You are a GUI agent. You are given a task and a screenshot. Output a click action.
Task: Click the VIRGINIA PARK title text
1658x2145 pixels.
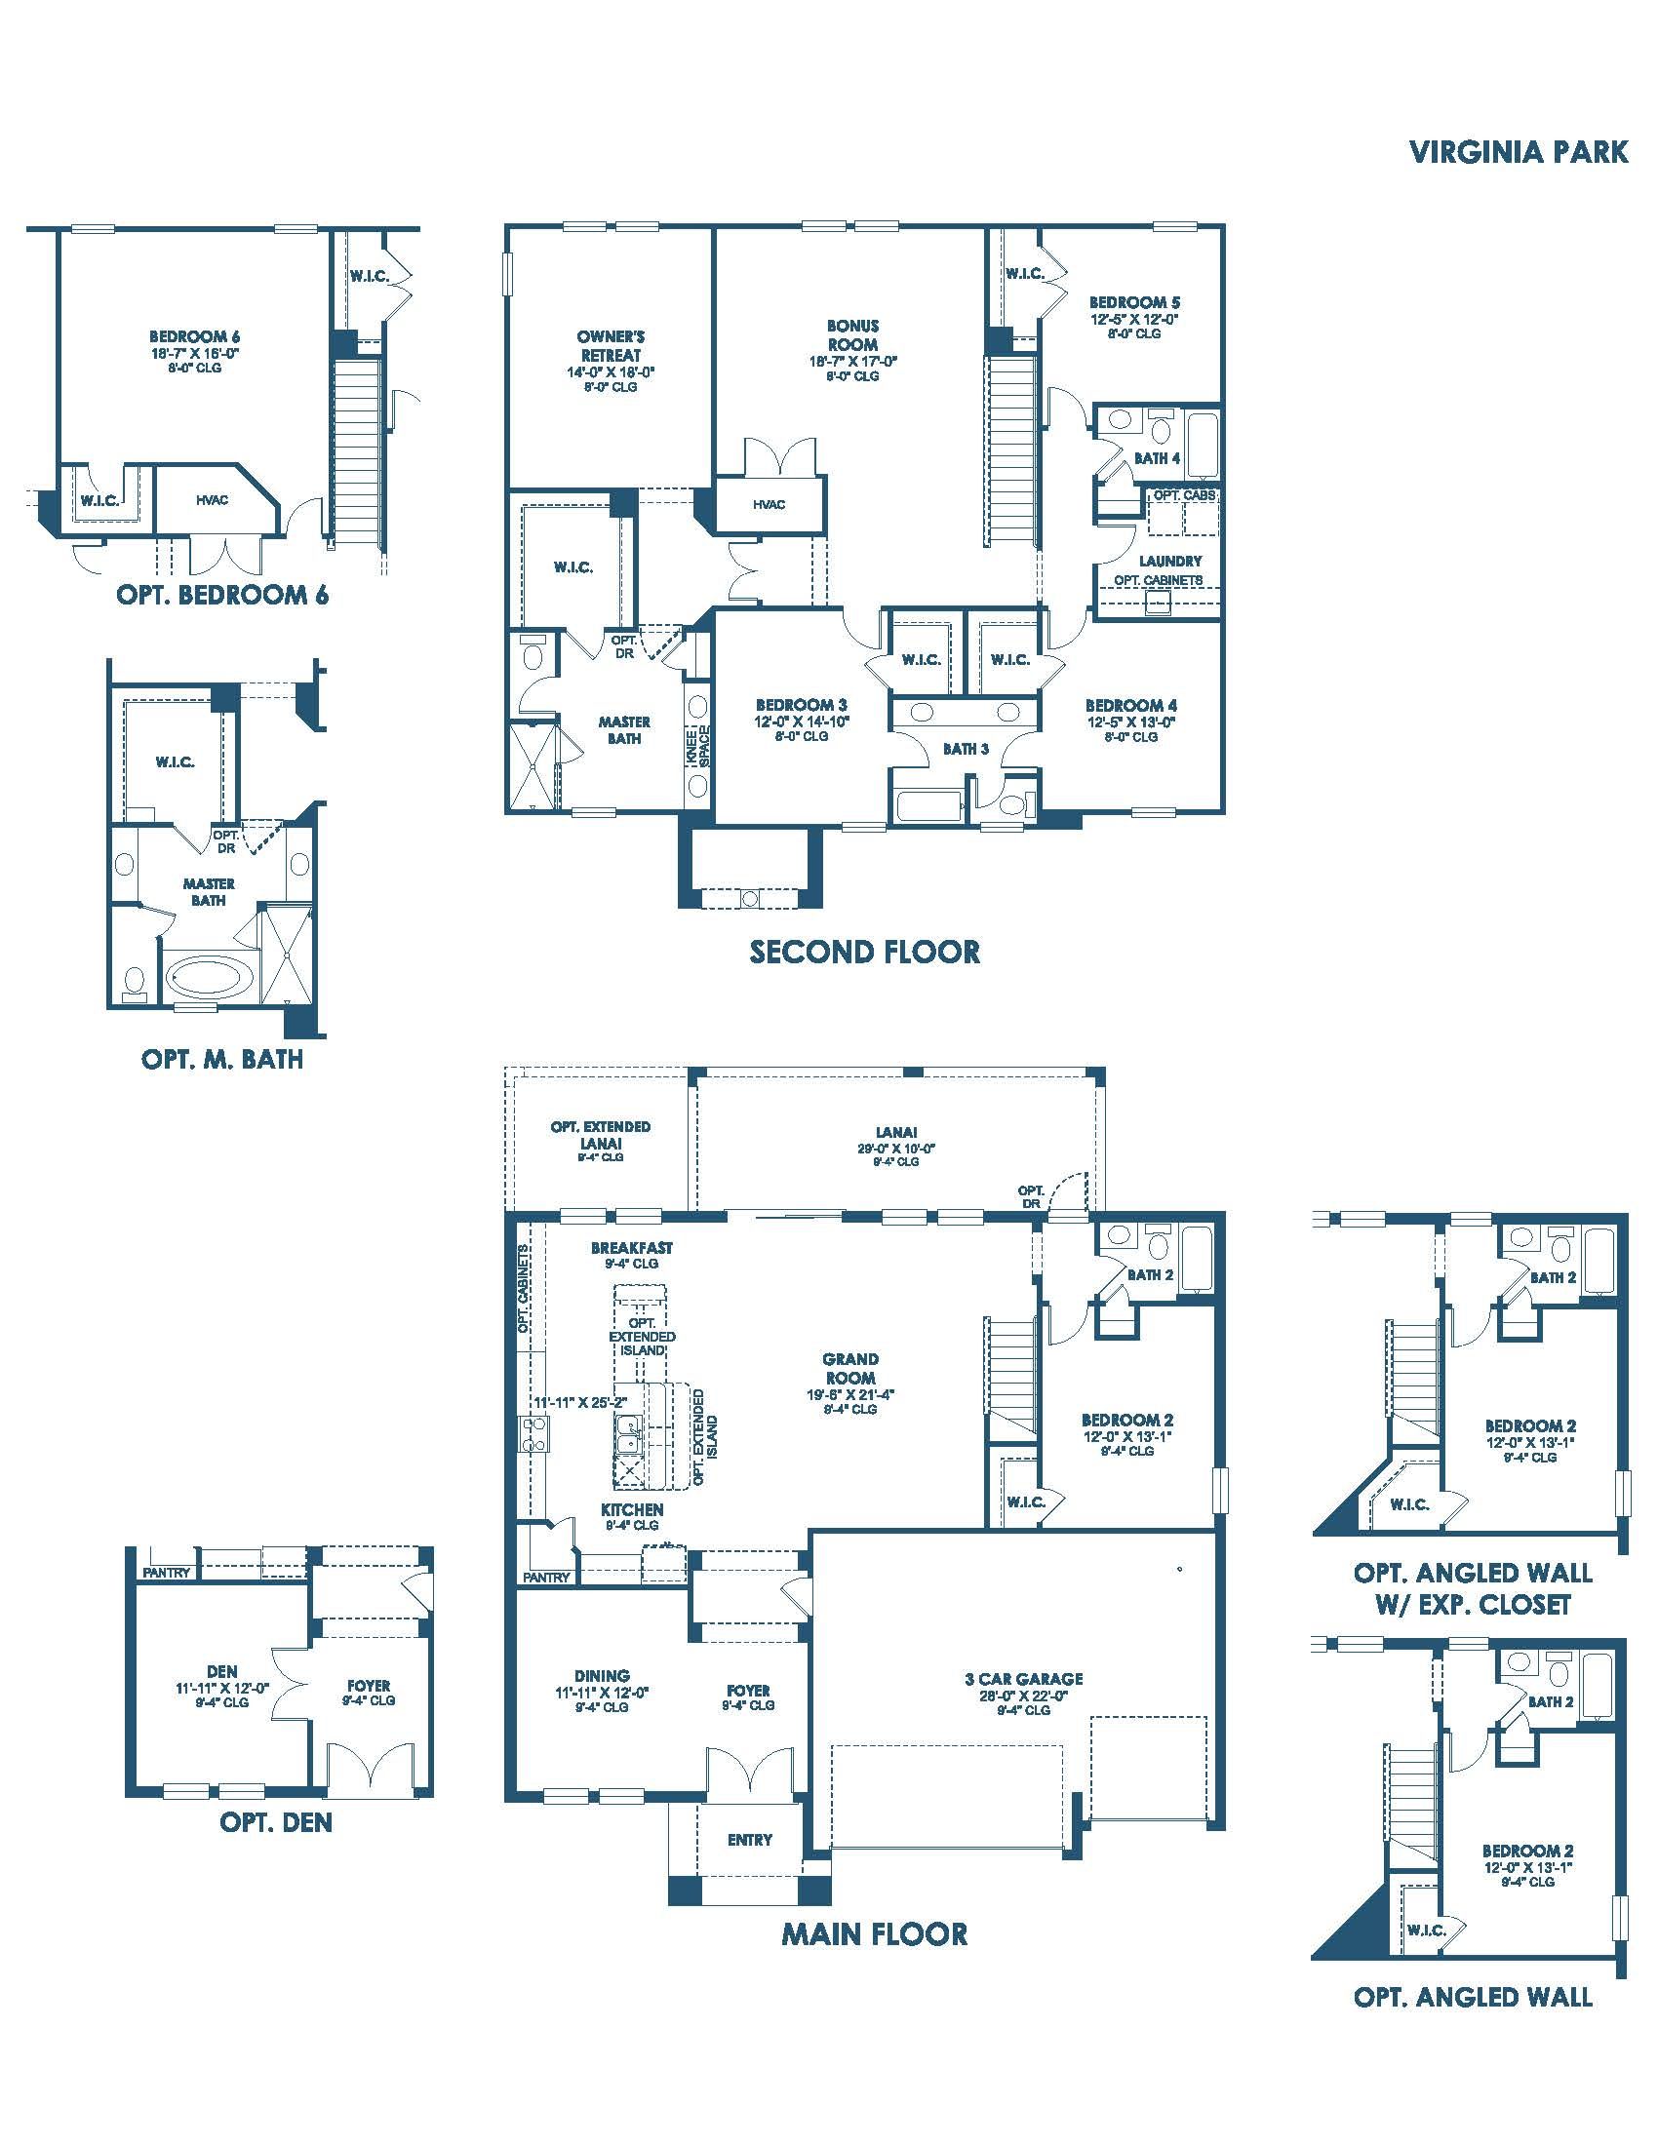click(1519, 152)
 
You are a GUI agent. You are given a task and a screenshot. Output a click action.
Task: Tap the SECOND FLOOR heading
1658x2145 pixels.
click(864, 952)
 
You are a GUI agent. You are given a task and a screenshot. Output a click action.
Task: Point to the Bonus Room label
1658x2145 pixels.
click(852, 334)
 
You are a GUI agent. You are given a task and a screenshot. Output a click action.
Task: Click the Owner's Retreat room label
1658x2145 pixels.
click(611, 346)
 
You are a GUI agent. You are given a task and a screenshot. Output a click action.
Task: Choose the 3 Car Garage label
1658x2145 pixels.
click(1023, 1679)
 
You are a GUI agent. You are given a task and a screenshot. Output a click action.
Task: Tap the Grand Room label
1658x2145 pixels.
click(850, 1368)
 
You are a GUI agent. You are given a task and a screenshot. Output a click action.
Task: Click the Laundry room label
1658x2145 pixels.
click(1169, 561)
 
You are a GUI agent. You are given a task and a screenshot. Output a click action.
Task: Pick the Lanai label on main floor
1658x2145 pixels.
click(895, 1132)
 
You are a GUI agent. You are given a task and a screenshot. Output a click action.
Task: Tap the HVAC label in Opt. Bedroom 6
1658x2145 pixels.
click(213, 500)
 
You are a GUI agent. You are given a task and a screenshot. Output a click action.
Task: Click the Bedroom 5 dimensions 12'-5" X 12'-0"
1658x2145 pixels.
click(1133, 319)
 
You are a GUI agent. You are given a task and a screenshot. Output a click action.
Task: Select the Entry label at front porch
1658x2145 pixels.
click(749, 1840)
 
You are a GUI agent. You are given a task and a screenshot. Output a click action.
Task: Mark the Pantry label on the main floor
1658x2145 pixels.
click(546, 1578)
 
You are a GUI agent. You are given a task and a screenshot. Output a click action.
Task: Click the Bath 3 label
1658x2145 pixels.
click(966, 749)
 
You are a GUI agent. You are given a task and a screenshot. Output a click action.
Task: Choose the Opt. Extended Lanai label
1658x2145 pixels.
click(600, 1134)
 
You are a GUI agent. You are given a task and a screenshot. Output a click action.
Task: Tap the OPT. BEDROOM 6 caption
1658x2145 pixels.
click(222, 595)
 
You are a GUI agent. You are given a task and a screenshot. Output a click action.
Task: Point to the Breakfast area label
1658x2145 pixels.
click(632, 1247)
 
